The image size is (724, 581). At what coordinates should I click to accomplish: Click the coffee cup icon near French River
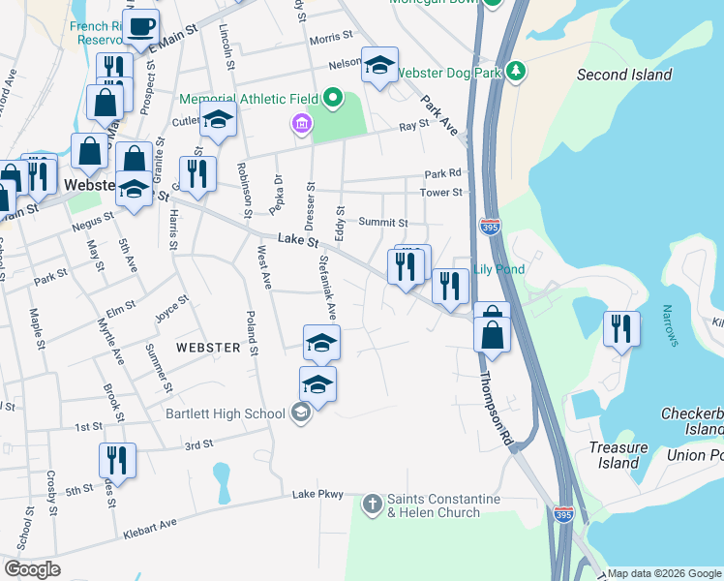140,27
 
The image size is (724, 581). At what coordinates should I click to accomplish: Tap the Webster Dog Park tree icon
517,72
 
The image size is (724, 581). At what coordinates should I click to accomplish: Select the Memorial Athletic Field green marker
334,97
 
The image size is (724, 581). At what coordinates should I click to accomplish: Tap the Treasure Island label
618,455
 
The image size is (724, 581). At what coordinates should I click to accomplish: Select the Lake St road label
297,239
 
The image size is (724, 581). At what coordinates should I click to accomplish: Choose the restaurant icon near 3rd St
116,459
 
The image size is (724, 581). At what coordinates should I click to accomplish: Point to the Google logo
32,569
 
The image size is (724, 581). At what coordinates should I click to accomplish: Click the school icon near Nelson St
379,65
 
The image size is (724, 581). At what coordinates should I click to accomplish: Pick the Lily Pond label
498,269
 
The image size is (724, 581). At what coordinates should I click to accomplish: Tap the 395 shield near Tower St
490,226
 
